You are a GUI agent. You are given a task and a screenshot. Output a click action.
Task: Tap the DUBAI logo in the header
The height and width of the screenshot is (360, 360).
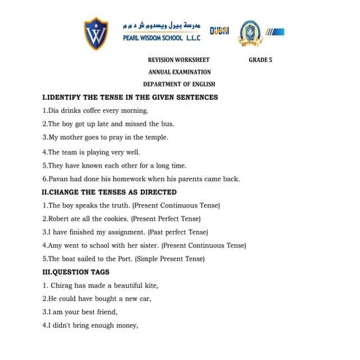tap(219, 31)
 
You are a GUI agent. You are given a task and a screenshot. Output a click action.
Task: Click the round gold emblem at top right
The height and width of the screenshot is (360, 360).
tap(251, 31)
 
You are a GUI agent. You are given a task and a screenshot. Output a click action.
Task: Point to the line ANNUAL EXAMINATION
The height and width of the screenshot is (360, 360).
tap(180, 72)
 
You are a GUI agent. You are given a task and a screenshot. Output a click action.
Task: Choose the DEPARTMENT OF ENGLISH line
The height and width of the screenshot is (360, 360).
tap(180, 85)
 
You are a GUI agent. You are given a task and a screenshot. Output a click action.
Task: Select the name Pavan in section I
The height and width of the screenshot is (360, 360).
tap(58, 179)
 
